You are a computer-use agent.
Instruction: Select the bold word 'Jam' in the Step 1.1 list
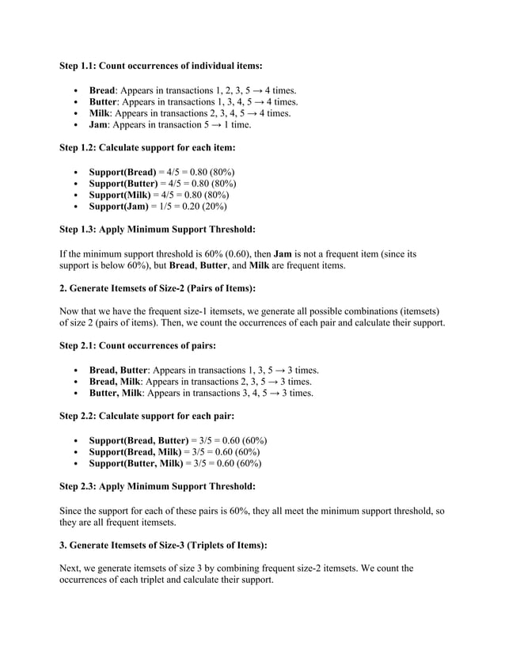point(98,124)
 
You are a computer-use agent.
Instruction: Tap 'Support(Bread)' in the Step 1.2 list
point(122,172)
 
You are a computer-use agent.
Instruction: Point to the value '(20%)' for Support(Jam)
point(212,206)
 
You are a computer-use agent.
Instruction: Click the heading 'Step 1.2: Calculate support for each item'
point(148,146)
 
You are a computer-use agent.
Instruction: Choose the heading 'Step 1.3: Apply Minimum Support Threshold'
point(158,230)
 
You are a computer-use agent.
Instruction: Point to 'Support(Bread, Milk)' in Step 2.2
point(135,451)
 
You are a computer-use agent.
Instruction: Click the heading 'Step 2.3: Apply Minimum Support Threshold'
point(158,486)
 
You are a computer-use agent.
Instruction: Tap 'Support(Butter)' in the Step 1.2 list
point(123,183)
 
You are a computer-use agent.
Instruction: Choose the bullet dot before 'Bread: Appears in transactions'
point(74,91)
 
